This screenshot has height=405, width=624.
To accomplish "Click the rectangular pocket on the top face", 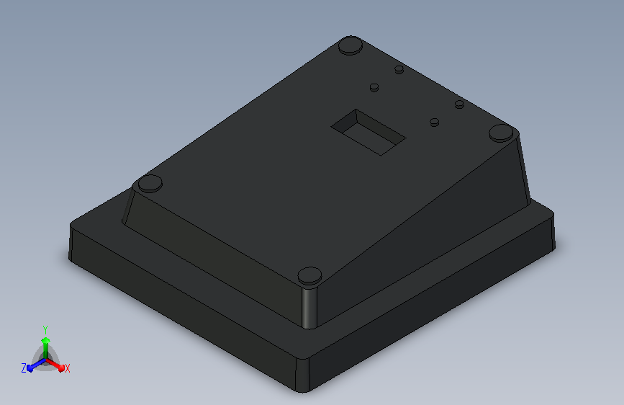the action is click(368, 133).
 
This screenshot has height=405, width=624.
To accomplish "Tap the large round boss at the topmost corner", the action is click(351, 45).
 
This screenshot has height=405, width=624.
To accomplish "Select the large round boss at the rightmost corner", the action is click(501, 133).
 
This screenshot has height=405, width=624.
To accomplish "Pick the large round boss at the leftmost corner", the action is click(150, 183).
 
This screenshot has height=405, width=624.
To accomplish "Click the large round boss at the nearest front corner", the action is click(309, 276).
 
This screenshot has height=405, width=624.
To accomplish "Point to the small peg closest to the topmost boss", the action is click(399, 70).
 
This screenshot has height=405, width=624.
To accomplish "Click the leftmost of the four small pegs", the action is click(374, 87).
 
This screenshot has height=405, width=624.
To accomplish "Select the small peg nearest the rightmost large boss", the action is click(459, 104).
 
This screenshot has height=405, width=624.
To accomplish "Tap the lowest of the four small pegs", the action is click(435, 123).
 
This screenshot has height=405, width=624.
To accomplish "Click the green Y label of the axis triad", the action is click(45, 330).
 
